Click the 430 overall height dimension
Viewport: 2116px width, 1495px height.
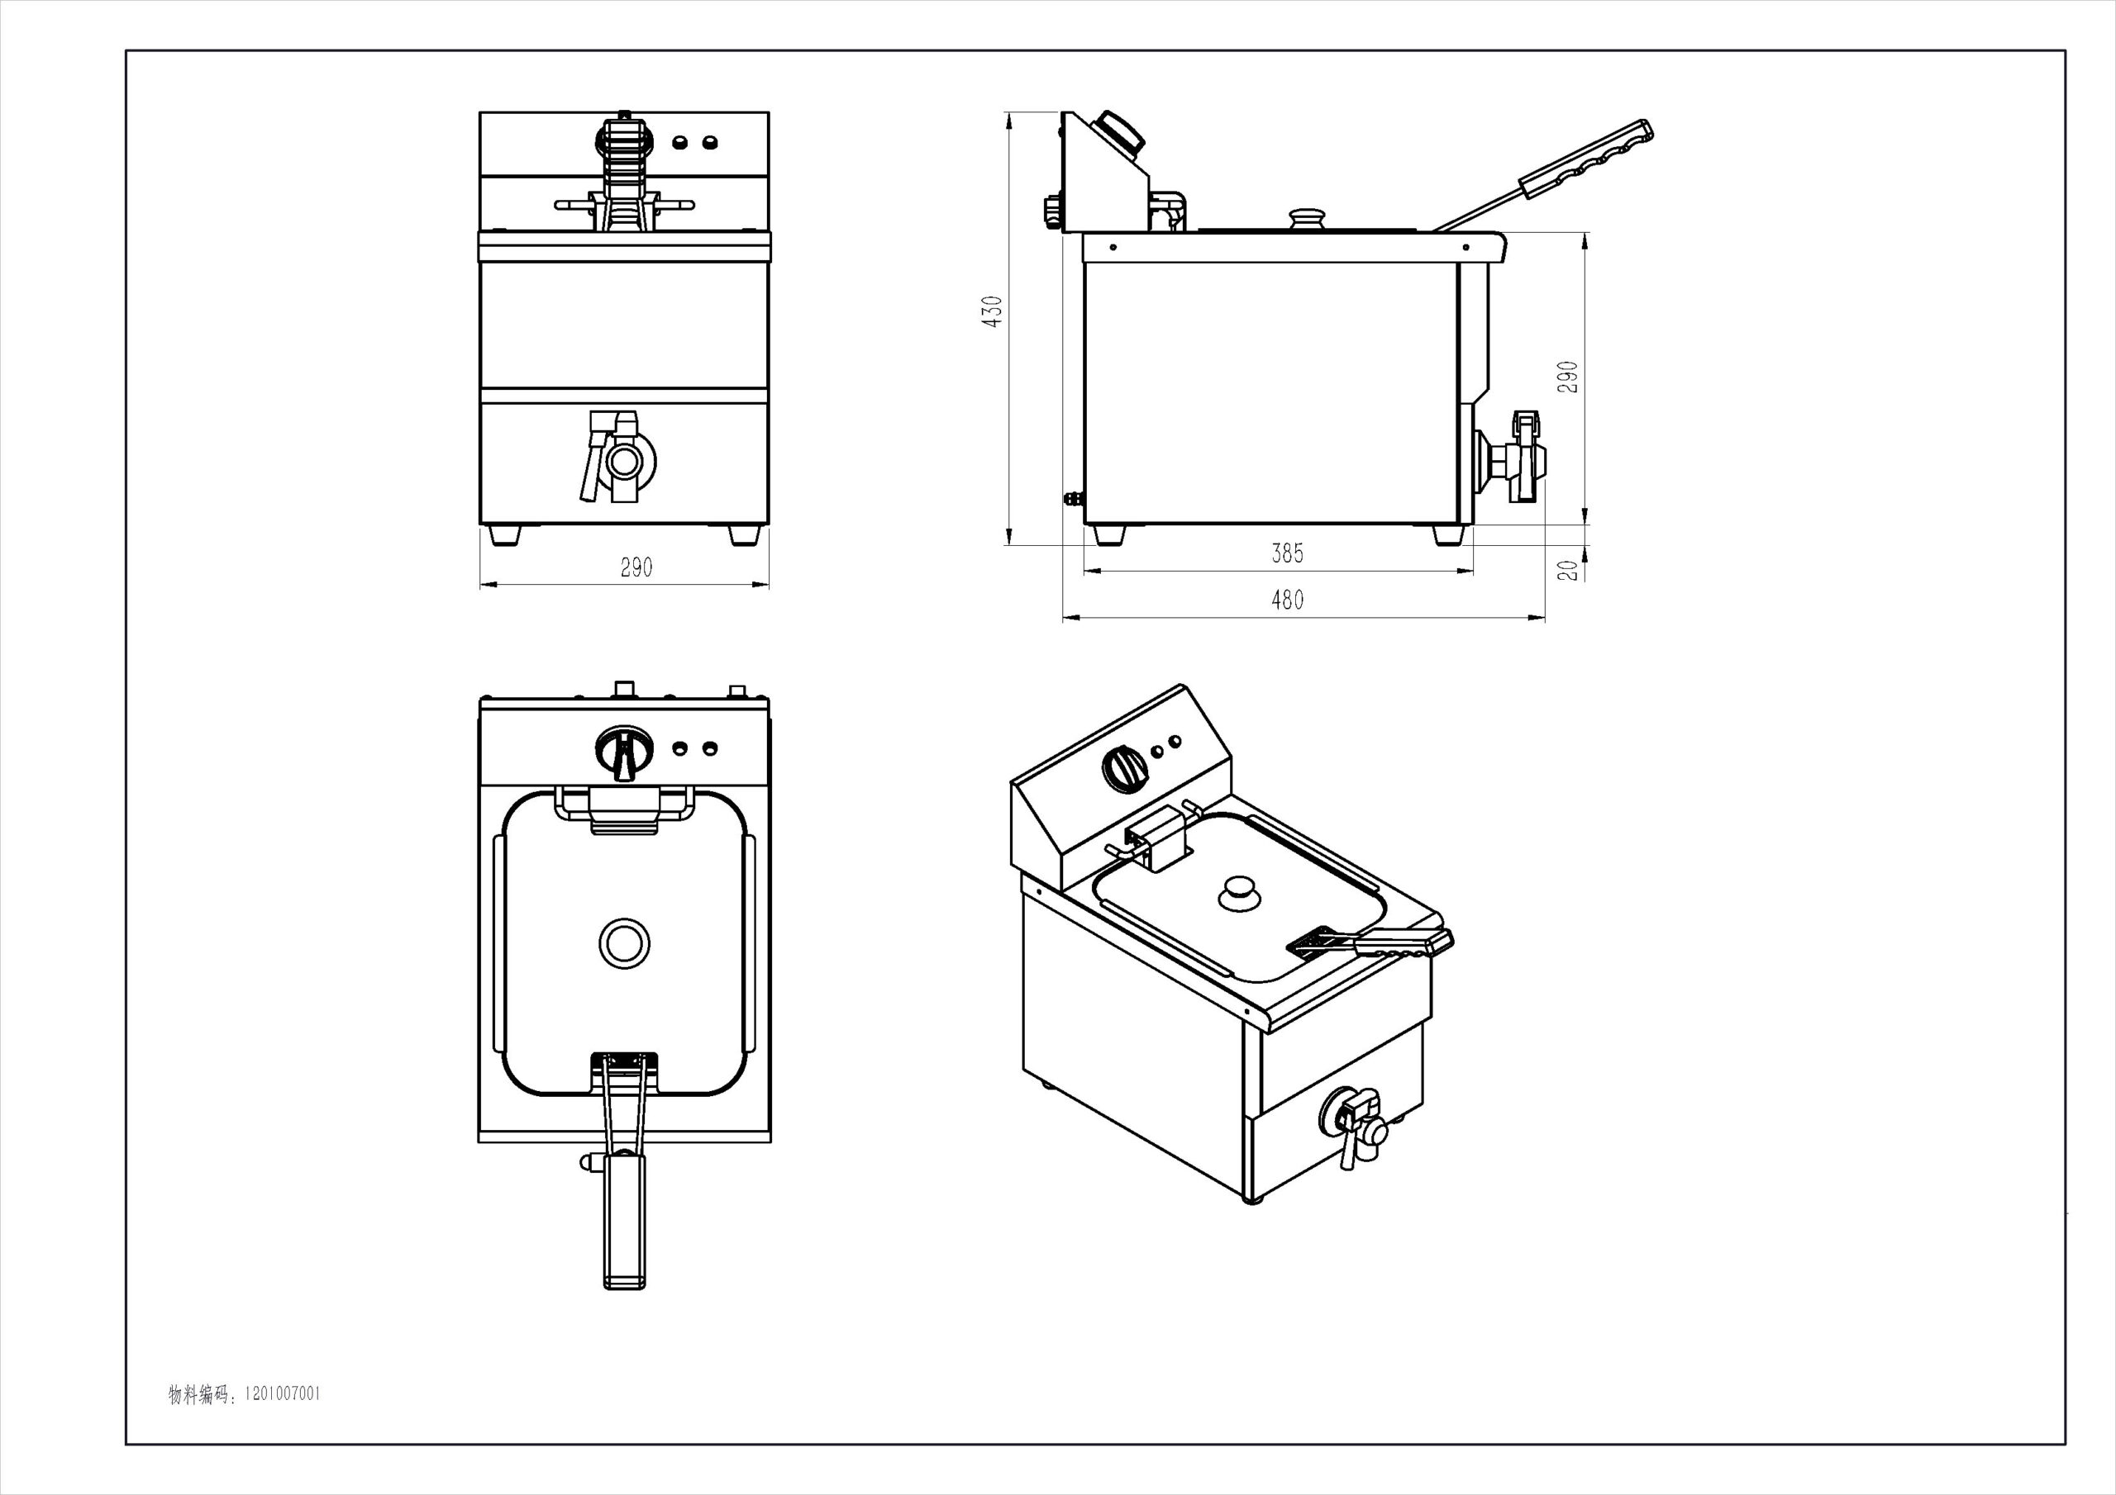click(x=992, y=311)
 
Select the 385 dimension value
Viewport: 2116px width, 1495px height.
click(x=1288, y=553)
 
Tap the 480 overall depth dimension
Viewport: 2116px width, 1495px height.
click(x=1288, y=600)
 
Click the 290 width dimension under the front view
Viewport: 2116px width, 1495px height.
click(x=636, y=567)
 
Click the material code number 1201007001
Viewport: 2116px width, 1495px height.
click(x=282, y=1420)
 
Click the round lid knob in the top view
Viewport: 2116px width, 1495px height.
click(x=624, y=943)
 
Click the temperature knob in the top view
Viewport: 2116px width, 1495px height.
click(x=624, y=752)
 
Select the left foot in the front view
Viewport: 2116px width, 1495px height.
click(x=505, y=535)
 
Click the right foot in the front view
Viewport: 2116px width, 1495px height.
click(x=745, y=535)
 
